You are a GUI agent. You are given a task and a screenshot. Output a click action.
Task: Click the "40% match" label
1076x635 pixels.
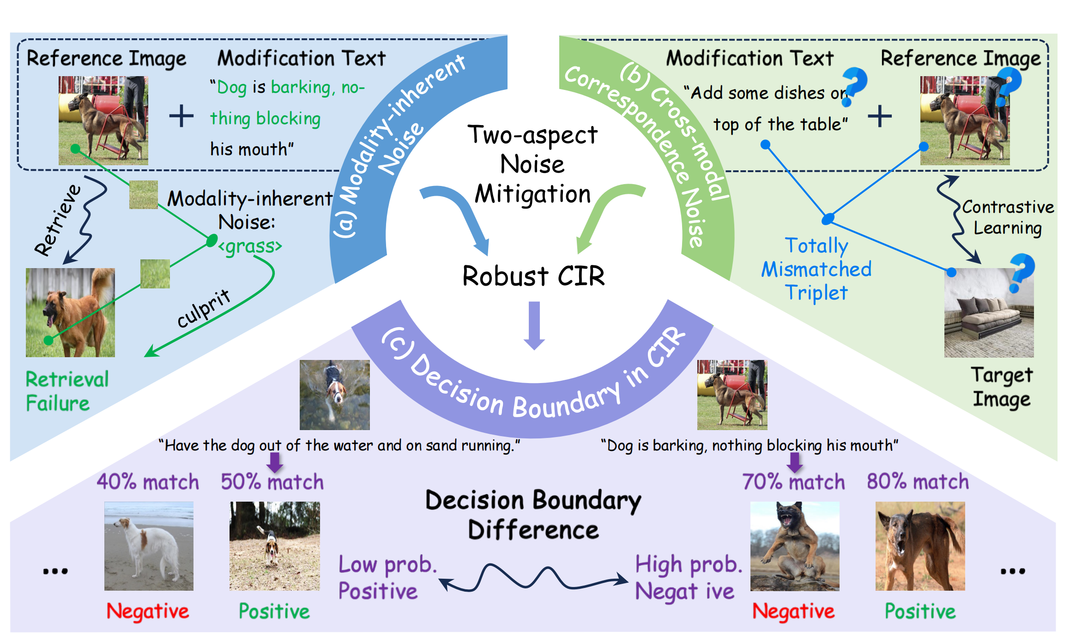tap(148, 482)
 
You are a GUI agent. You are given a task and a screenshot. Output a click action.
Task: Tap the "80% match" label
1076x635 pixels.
tap(918, 482)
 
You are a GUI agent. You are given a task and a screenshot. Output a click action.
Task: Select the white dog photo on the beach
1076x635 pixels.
tap(149, 546)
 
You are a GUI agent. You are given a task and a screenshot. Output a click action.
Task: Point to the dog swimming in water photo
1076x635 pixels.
tap(334, 395)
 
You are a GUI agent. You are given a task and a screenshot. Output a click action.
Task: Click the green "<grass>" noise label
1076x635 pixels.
tap(250, 246)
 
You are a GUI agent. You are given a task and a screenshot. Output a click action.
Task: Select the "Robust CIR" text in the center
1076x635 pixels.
tap(533, 276)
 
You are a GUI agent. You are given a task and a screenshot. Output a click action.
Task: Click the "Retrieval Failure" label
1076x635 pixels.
tap(67, 391)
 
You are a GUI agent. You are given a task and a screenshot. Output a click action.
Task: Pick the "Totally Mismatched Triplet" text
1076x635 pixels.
tap(816, 269)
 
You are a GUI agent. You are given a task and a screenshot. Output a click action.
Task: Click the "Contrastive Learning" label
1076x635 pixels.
tap(1008, 217)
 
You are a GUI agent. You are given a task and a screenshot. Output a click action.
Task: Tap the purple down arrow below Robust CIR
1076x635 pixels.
tap(534, 325)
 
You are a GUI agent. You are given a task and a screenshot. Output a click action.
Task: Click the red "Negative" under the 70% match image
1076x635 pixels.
tap(793, 611)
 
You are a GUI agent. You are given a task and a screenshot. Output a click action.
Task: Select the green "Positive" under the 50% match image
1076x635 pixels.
tap(274, 611)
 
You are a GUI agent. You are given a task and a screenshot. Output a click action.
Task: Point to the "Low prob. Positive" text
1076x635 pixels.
tap(387, 577)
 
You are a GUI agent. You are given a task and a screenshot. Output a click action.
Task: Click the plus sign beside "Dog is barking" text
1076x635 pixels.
tap(181, 116)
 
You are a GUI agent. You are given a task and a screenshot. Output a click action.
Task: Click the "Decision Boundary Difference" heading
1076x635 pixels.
tap(533, 515)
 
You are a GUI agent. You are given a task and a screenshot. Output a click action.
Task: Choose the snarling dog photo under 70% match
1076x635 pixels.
tap(794, 546)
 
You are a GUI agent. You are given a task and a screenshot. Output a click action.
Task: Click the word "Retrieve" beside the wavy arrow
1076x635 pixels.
tap(58, 220)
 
